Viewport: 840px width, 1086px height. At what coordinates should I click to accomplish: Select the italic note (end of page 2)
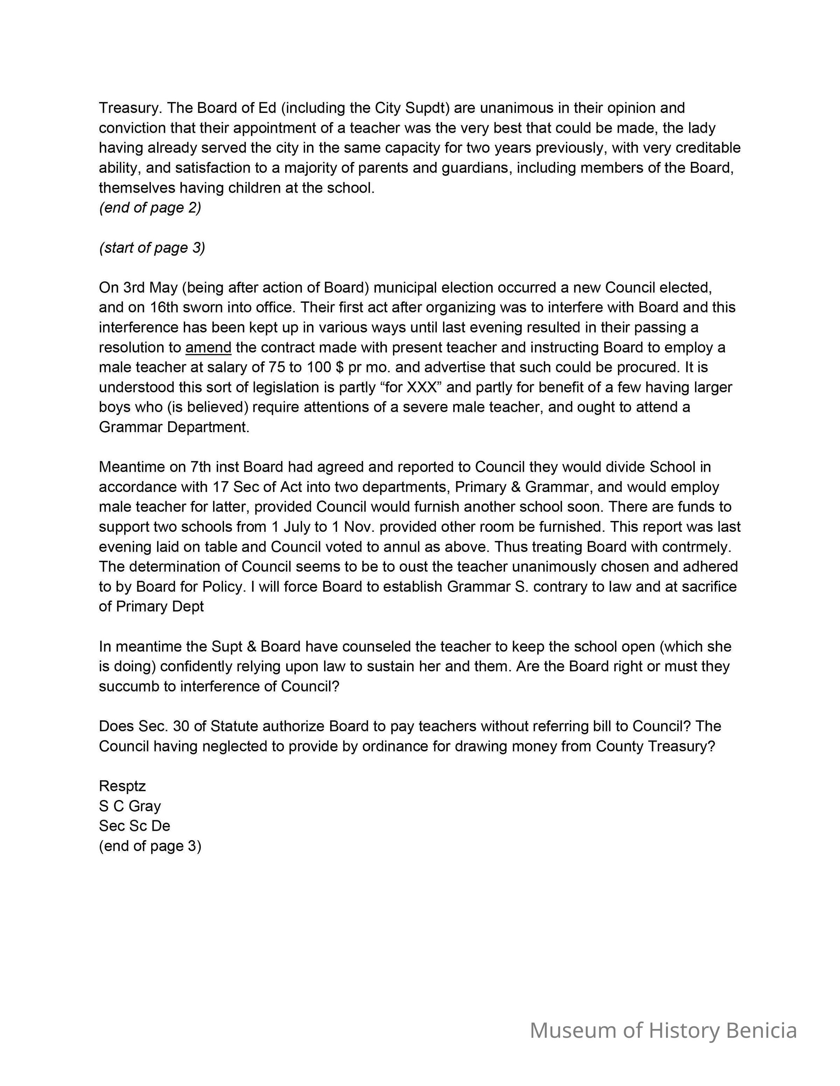point(150,207)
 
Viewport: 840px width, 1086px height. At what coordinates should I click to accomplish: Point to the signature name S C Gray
point(130,806)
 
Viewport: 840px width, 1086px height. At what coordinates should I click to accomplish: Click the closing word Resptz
point(122,786)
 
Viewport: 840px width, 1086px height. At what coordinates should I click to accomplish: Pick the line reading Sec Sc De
point(134,826)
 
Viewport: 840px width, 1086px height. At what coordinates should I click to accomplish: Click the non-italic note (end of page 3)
point(150,846)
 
